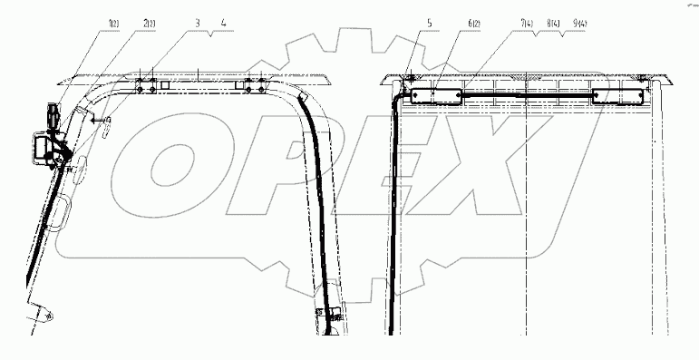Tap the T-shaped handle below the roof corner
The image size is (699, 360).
(102, 118)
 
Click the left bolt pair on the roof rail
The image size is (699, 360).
(146, 83)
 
